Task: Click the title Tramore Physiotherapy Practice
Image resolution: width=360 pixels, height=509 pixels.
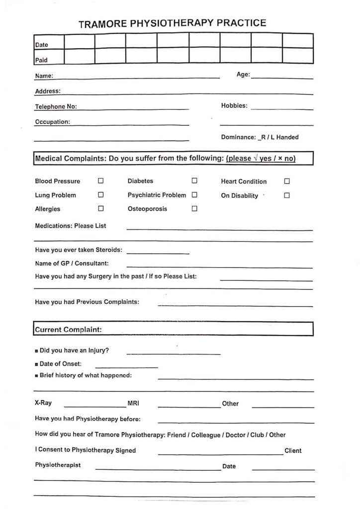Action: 173,23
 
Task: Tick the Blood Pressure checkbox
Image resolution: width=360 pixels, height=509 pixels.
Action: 101,181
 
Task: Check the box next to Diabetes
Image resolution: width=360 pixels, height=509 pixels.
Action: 194,181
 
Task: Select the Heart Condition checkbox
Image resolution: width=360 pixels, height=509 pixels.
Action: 287,181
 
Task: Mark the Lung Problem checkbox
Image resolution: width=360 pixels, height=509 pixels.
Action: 101,195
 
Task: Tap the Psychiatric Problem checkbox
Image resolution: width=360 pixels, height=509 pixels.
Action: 194,195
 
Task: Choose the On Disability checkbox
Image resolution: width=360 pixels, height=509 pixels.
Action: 287,195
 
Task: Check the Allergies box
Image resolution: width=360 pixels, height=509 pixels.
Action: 101,209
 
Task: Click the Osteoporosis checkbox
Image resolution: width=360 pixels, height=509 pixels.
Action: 194,209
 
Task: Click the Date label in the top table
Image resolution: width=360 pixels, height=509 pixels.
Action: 42,45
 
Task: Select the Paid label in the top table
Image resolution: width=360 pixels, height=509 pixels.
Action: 41,61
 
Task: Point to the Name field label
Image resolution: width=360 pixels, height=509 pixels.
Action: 44,77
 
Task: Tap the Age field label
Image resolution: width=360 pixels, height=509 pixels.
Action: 243,75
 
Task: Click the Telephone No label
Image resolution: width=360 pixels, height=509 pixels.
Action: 56,106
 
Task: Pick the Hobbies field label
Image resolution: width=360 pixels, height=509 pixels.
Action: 234,106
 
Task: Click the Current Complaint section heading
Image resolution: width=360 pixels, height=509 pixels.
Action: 68,329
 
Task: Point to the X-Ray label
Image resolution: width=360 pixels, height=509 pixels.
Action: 43,403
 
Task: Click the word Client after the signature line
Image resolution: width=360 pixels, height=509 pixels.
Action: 293,451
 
